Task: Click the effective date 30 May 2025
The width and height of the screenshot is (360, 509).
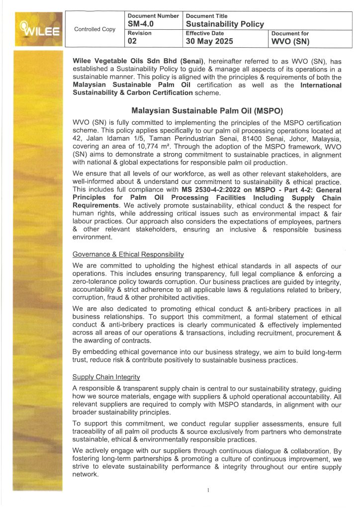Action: (x=209, y=42)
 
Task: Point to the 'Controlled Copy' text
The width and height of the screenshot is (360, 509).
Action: (x=94, y=29)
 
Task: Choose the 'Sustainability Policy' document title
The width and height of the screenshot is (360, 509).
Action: (x=225, y=24)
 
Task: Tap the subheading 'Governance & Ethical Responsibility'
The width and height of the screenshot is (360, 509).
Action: (x=128, y=254)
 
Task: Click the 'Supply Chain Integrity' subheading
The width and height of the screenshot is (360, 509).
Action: (x=106, y=378)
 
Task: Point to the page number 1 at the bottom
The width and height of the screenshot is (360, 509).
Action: (x=208, y=491)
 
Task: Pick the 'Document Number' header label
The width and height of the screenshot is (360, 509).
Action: (x=153, y=16)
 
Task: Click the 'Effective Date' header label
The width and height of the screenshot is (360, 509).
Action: (x=205, y=33)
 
